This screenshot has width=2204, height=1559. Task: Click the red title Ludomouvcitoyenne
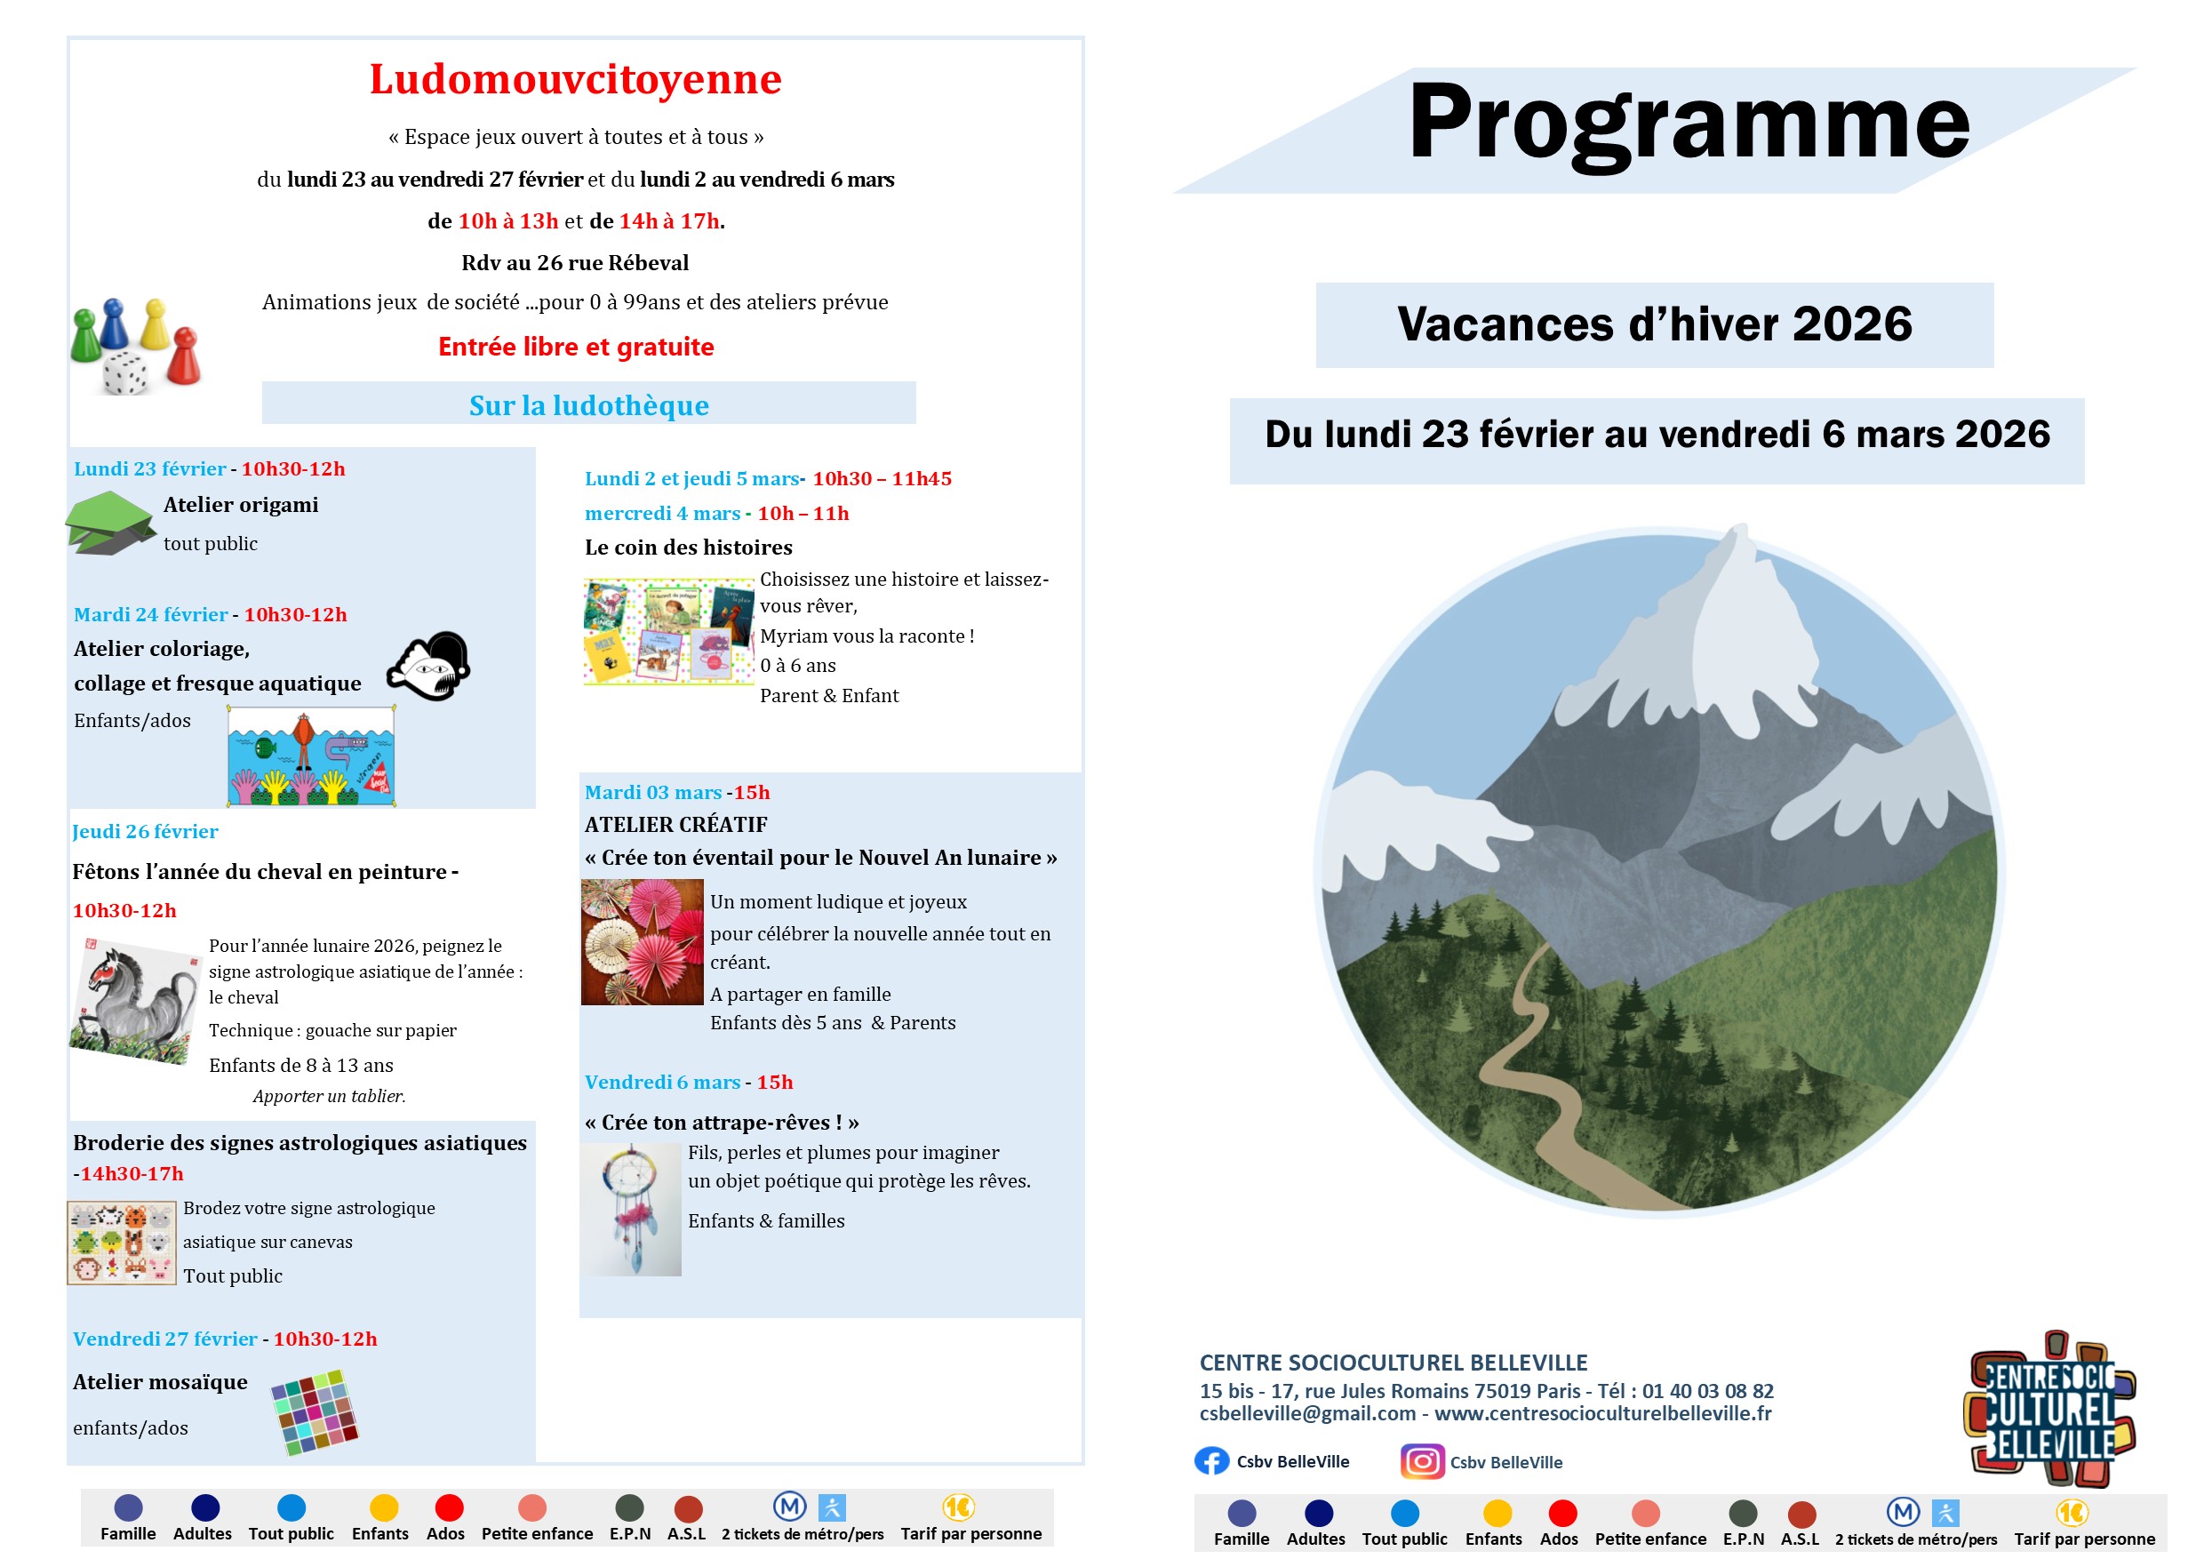click(575, 80)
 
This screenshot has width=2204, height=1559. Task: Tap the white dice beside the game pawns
click(124, 372)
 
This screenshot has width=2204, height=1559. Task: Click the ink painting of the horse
click(134, 1001)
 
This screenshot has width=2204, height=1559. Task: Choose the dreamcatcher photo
click(631, 1210)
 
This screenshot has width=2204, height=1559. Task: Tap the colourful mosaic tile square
click(315, 1412)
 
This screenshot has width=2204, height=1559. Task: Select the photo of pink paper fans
click(643, 942)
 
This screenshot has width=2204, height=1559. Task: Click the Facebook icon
click(1211, 1461)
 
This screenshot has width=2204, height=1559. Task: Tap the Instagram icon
click(1422, 1461)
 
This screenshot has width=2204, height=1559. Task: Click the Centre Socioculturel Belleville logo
click(2048, 1410)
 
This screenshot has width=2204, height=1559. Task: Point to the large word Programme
click(1689, 123)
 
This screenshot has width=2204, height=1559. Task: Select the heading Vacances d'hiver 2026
click(1654, 324)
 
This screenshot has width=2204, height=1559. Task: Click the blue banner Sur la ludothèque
click(588, 405)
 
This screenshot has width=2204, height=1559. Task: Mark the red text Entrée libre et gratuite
click(576, 347)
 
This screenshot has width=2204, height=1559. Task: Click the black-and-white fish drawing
click(429, 667)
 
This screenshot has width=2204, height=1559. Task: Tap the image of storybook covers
click(668, 631)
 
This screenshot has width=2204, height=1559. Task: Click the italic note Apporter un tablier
click(329, 1096)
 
